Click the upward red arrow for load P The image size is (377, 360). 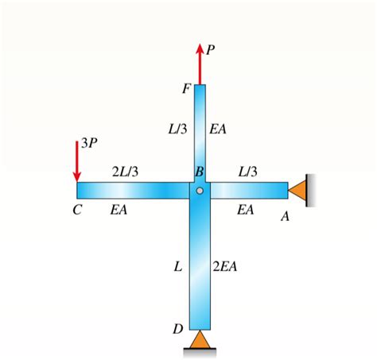coord(199,64)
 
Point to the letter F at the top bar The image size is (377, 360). coord(185,88)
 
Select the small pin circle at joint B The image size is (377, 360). coord(200,190)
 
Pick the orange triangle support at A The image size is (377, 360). coord(298,190)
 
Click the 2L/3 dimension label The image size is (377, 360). coord(125,172)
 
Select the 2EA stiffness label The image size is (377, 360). coord(224,266)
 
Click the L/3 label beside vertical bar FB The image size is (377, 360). coord(178,128)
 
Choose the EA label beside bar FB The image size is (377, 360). coord(219,128)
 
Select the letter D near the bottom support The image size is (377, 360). coord(178,328)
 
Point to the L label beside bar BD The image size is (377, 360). coord(178,266)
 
